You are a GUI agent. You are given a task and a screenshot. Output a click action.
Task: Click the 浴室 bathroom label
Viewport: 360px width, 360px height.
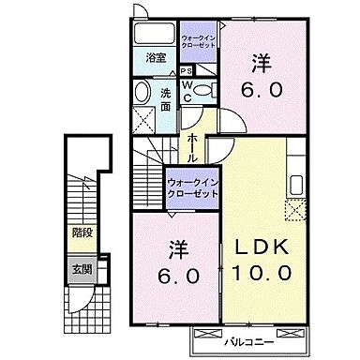click(155, 58)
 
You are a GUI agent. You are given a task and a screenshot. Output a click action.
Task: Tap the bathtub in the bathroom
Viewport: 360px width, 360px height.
click(155, 34)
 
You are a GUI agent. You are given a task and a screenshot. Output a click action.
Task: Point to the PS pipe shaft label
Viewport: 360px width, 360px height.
click(187, 70)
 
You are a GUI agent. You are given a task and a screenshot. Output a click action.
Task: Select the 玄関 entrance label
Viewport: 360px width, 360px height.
click(82, 269)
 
